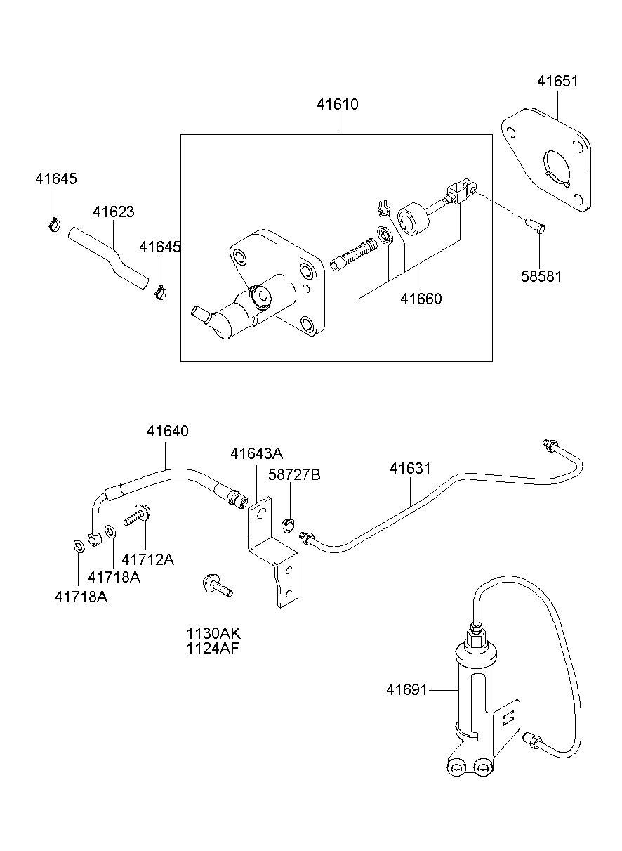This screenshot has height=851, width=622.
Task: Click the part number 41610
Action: pyautogui.click(x=338, y=104)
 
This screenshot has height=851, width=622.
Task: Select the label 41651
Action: pyautogui.click(x=557, y=82)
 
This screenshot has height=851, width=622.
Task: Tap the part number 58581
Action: pyautogui.click(x=541, y=276)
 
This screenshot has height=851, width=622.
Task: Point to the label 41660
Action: pyautogui.click(x=421, y=299)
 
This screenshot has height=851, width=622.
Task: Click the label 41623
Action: pyautogui.click(x=114, y=212)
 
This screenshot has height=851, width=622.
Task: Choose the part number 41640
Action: pyautogui.click(x=167, y=431)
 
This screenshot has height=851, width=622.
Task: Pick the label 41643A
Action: pyautogui.click(x=256, y=453)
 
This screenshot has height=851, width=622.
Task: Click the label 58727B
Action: pyautogui.click(x=294, y=474)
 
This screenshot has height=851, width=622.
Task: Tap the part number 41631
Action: pyautogui.click(x=410, y=469)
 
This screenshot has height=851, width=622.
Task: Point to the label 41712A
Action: pyautogui.click(x=147, y=559)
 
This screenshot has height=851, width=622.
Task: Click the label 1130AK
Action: pyautogui.click(x=213, y=633)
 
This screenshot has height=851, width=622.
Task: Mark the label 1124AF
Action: pyautogui.click(x=213, y=649)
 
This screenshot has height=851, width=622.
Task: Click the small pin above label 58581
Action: pyautogui.click(x=536, y=226)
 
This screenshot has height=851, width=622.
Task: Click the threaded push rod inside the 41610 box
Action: pyautogui.click(x=354, y=254)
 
